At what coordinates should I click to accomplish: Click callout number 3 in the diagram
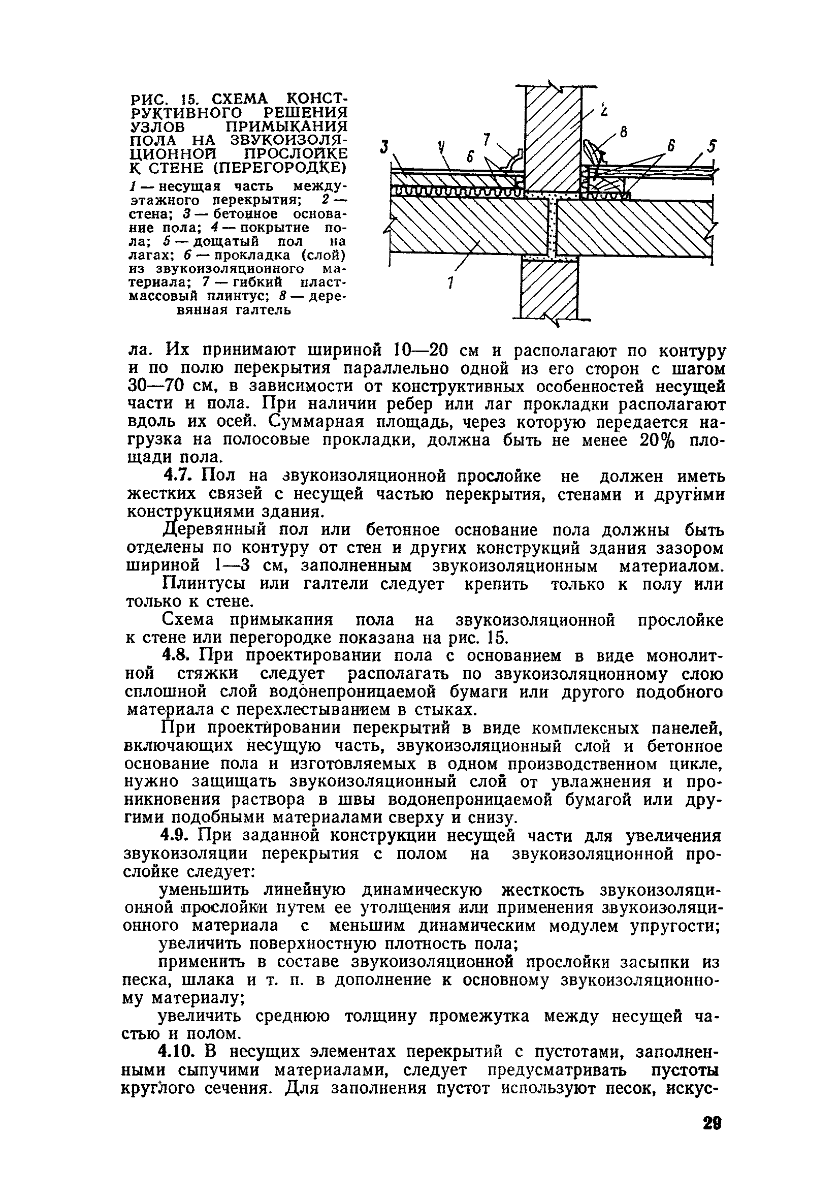(x=385, y=148)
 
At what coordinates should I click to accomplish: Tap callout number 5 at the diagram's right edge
(x=712, y=146)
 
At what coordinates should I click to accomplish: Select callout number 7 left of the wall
(x=487, y=140)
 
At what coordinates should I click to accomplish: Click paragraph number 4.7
(x=179, y=475)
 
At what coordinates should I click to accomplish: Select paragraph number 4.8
(x=179, y=655)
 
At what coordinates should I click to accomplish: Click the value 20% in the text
(x=657, y=440)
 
